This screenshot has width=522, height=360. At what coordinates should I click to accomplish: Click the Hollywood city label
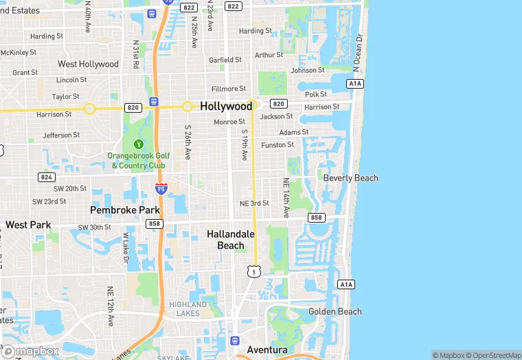point(227,106)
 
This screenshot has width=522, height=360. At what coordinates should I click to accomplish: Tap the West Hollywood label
point(88,64)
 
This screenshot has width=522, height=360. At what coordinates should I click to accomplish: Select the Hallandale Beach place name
point(231,240)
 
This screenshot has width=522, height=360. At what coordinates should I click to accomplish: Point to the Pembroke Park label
point(125,210)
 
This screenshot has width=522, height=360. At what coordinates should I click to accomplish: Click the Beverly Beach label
point(350,178)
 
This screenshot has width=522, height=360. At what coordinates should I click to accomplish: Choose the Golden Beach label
point(334,311)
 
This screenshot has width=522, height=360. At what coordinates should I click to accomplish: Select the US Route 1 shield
point(254,272)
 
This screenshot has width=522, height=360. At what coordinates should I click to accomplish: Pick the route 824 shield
point(46,177)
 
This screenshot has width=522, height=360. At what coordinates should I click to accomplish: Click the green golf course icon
point(139,144)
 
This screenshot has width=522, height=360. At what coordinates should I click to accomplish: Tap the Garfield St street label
point(225,60)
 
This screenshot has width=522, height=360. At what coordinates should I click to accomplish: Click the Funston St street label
point(277,145)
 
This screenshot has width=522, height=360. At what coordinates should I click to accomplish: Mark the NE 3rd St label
point(254,203)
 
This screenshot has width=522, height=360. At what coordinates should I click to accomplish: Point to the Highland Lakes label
point(188,308)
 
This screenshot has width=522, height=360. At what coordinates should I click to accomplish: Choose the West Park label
point(28,225)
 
